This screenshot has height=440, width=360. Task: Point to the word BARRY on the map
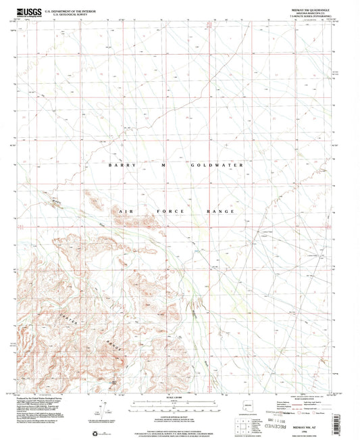point(123,164)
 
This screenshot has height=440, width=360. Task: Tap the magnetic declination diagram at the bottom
point(101,409)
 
